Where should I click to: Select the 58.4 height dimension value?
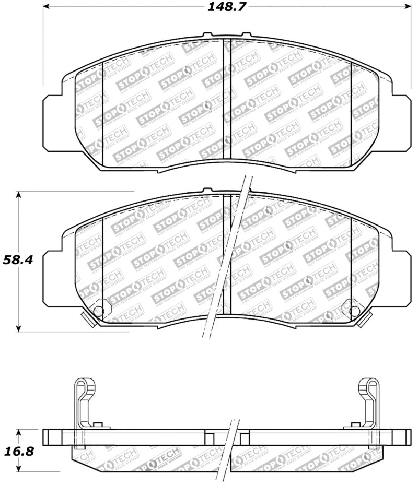(x=18, y=259)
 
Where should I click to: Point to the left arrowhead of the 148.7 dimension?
(x=45, y=6)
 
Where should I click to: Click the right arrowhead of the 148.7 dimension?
(x=408, y=6)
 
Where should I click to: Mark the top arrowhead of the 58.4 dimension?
(x=19, y=195)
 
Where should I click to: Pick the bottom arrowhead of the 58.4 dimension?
(x=19, y=328)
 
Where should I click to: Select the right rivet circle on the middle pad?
(x=354, y=312)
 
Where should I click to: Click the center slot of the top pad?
(x=227, y=99)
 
